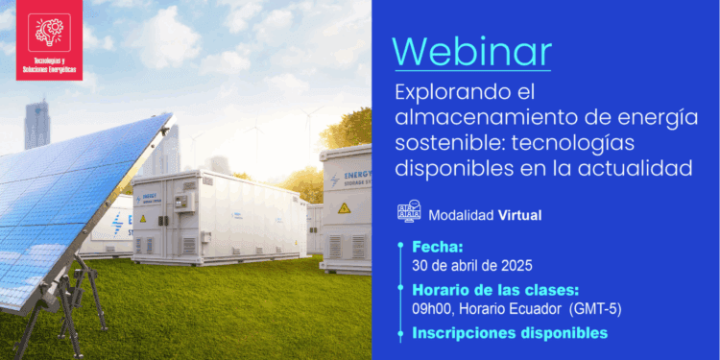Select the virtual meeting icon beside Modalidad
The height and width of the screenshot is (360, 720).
(409, 213)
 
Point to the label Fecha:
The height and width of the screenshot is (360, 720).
(437, 247)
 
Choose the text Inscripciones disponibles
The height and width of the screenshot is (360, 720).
(510, 333)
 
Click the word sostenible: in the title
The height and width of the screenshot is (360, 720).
(441, 143)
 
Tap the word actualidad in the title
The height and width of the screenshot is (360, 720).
(640, 168)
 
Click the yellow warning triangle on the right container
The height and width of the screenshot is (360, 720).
(344, 207)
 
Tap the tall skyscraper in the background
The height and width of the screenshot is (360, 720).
(36, 125)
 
